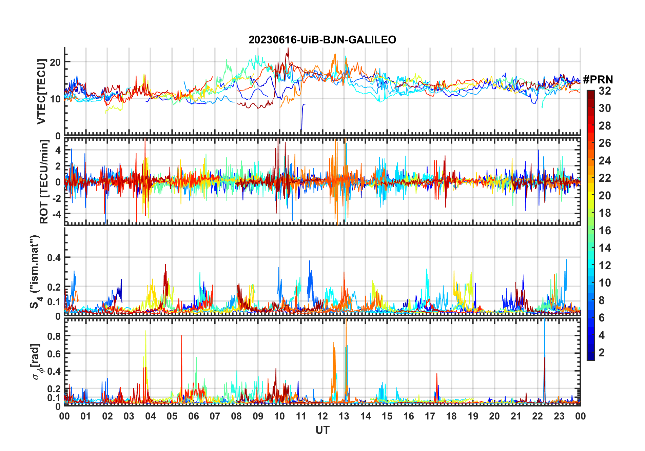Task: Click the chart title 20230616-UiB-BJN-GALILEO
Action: click(x=322, y=40)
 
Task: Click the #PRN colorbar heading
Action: click(x=598, y=80)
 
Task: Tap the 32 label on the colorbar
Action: click(x=605, y=91)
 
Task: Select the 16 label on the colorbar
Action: click(x=605, y=231)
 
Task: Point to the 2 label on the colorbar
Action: click(x=602, y=353)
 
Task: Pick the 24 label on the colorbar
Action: click(x=605, y=161)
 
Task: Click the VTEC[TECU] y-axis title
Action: click(x=41, y=92)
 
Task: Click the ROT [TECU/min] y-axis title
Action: click(x=44, y=182)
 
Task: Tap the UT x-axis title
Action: click(x=322, y=430)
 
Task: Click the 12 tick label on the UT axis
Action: click(x=322, y=416)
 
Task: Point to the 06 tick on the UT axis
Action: click(x=193, y=416)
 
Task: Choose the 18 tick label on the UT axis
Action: click(x=451, y=416)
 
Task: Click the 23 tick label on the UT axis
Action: click(x=559, y=416)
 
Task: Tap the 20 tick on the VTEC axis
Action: click(x=55, y=62)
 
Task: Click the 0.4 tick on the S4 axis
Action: click(x=54, y=258)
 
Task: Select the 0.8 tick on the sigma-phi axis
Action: click(x=54, y=336)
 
